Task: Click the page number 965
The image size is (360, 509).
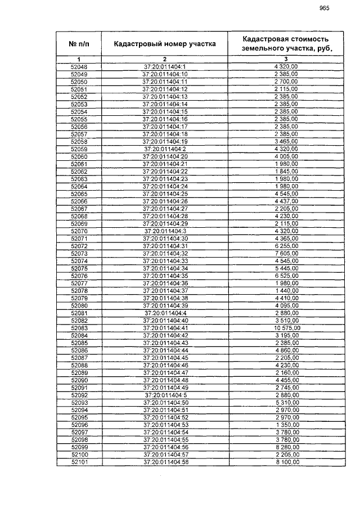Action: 323,8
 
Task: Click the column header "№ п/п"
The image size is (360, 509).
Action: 79,44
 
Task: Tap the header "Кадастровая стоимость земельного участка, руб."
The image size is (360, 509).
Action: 286,44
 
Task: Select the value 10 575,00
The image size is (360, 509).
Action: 286,328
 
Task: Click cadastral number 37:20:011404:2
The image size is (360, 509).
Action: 165,148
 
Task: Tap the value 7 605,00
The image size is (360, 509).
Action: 286,254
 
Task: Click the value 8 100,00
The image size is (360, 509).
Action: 286,462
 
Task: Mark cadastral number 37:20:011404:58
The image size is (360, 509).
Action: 165,462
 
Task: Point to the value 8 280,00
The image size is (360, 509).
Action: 286,447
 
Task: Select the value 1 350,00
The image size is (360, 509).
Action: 286,425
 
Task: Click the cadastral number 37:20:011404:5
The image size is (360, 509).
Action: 165,395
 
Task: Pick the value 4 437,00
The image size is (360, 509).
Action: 286,201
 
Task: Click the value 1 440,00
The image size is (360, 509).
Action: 286,291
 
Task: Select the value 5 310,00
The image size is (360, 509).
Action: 286,402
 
